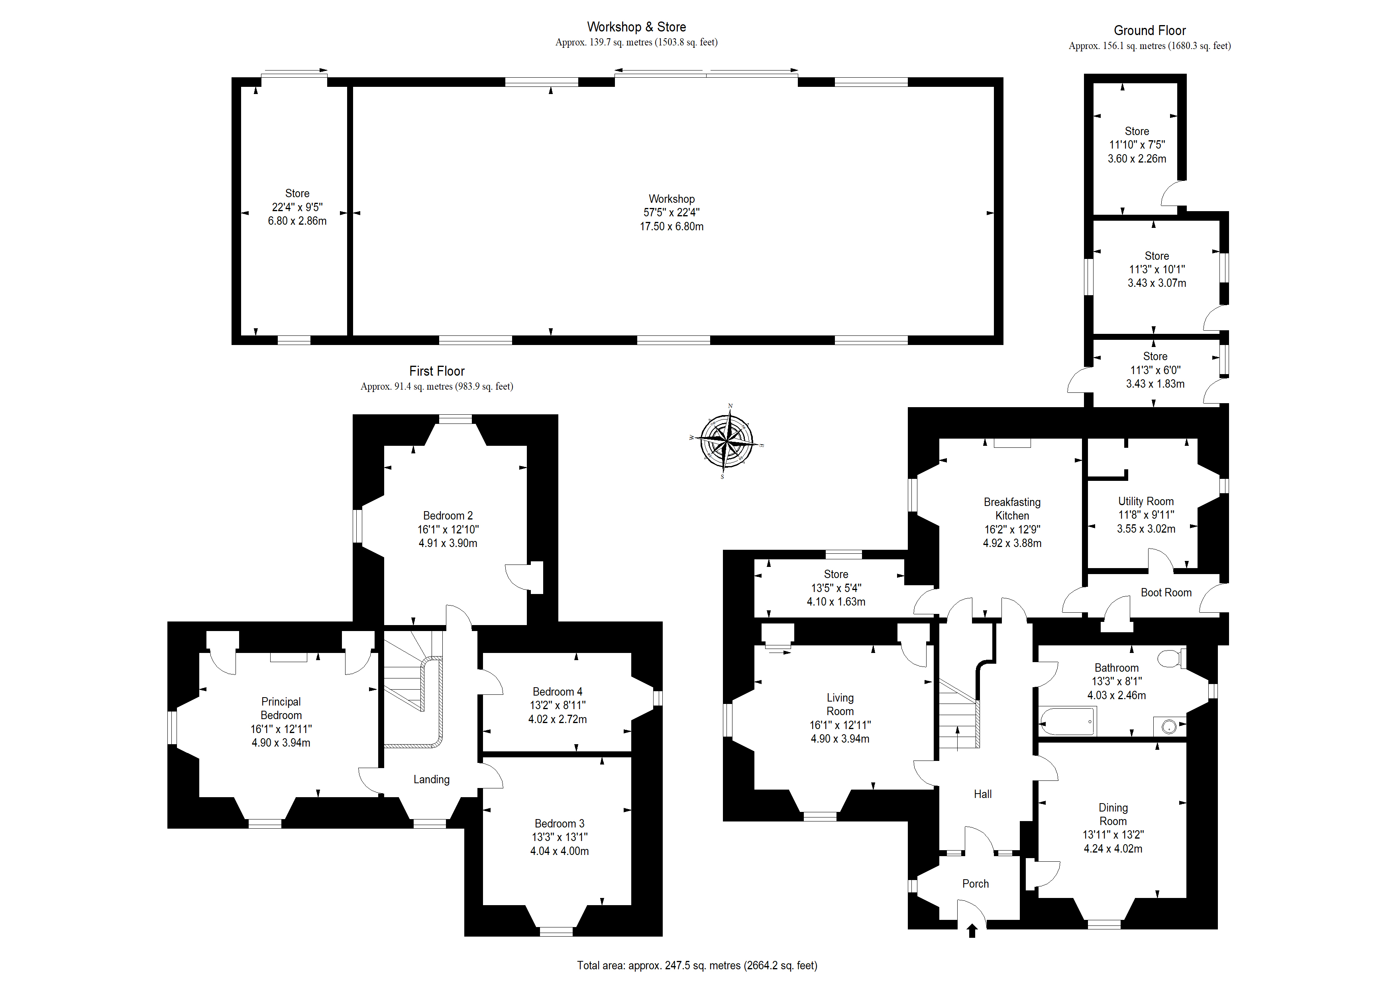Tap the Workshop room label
[x=672, y=199]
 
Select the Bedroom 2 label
[x=448, y=516]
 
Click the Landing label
[x=432, y=780]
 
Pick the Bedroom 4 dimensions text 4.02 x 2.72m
[x=558, y=719]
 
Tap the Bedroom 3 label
[x=560, y=823]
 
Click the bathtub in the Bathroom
[x=1068, y=721]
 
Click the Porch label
[x=976, y=884]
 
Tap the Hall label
[x=983, y=794]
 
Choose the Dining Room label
[x=1113, y=815]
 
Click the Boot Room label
[x=1166, y=593]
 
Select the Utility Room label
[x=1146, y=502]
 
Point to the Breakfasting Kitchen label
[x=1012, y=509]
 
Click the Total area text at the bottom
[x=697, y=965]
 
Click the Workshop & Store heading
[x=636, y=27]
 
